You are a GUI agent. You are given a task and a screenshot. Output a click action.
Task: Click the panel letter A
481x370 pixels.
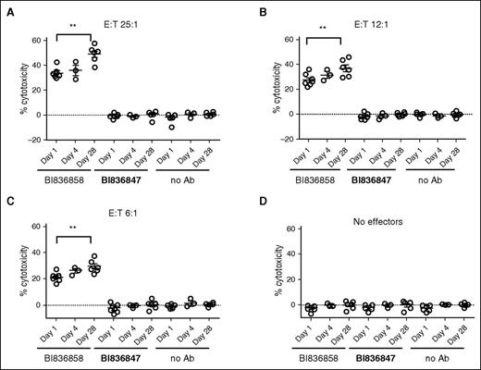coord(6,8)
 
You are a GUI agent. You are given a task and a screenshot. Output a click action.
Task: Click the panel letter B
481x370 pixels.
coord(251,8)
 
